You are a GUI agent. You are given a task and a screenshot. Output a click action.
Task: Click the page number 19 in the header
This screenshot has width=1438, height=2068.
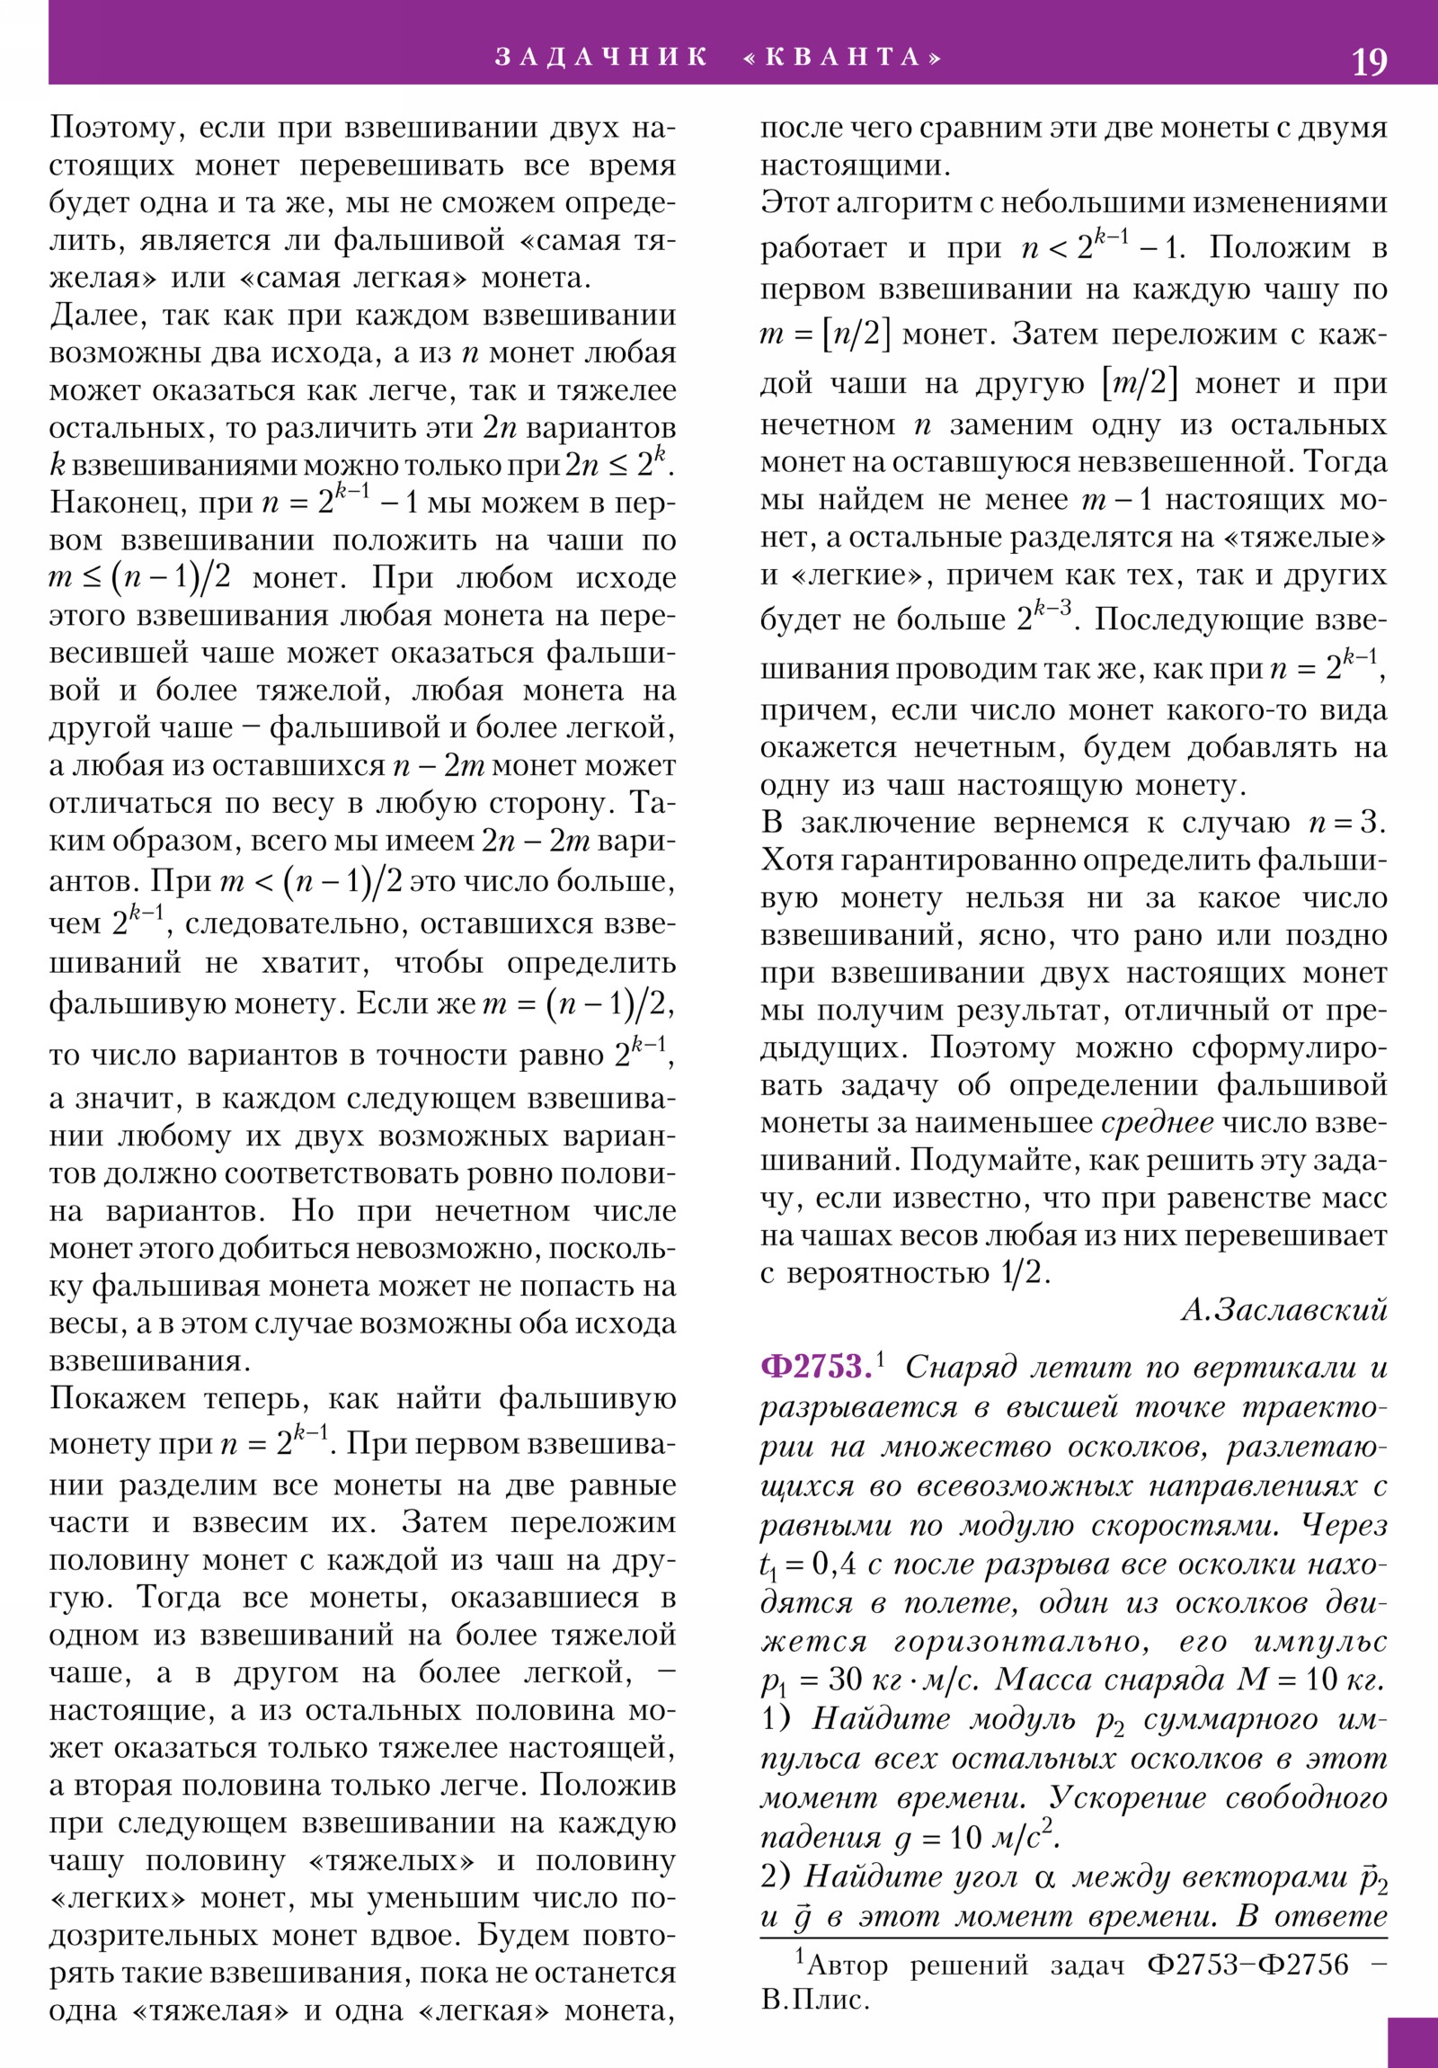coord(1369,62)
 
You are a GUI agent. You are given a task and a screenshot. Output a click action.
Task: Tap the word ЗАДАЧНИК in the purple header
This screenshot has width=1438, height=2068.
coord(601,58)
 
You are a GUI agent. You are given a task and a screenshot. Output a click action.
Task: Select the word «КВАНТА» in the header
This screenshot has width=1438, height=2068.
coord(843,58)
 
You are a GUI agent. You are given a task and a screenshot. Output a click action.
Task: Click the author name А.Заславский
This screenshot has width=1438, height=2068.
coord(1284,1310)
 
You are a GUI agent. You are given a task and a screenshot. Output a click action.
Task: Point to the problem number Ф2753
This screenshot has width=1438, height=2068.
coord(816,1367)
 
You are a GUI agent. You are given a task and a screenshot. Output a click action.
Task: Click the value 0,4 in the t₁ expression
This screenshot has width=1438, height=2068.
coord(834,1564)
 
